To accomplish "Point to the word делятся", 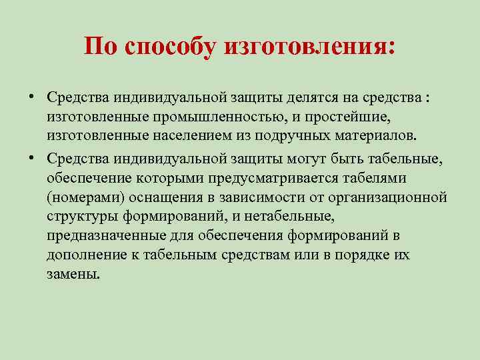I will pos(315,98).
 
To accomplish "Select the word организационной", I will pos(391,198).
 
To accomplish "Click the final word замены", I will pos(73,275).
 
